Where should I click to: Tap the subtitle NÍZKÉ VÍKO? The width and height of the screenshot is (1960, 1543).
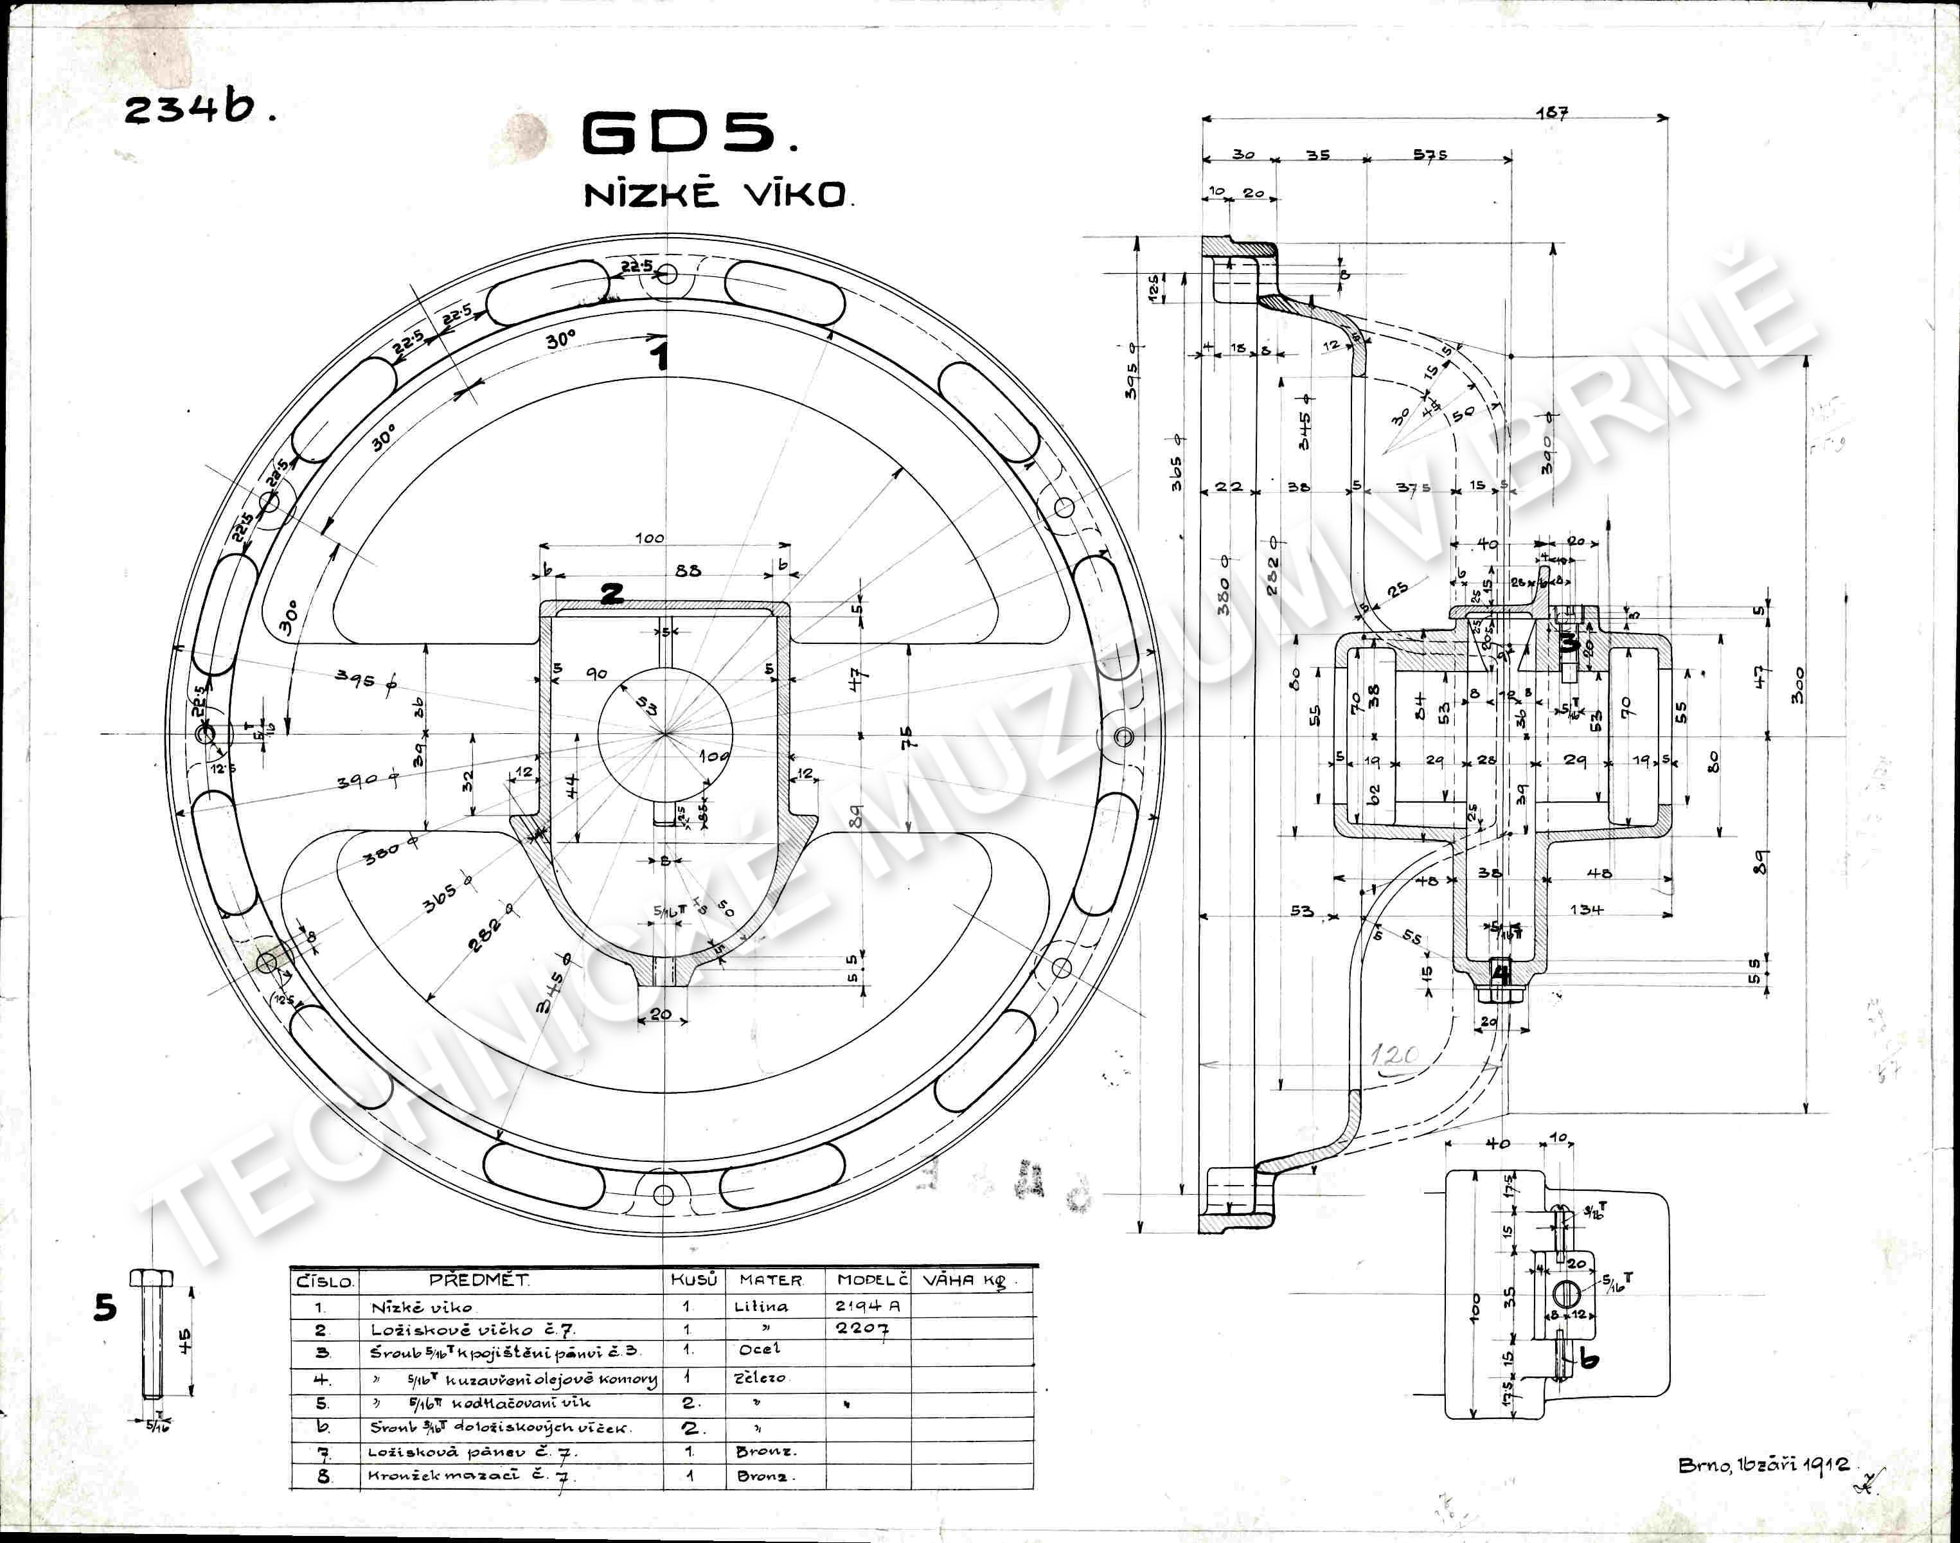pos(717,194)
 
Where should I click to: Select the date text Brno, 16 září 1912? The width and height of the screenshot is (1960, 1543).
pos(1762,1465)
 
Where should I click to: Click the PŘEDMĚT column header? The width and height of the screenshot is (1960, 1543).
pos(479,1280)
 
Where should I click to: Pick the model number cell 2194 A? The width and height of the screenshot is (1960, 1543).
pos(867,1305)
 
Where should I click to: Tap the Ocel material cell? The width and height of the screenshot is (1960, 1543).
pos(759,1350)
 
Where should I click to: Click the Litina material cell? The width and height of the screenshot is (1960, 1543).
pos(760,1307)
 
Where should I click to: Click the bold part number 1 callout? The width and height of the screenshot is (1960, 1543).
pos(662,354)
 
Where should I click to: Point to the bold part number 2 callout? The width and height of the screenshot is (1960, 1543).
pos(612,594)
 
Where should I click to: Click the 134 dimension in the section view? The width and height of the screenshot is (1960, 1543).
pos(1585,909)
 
